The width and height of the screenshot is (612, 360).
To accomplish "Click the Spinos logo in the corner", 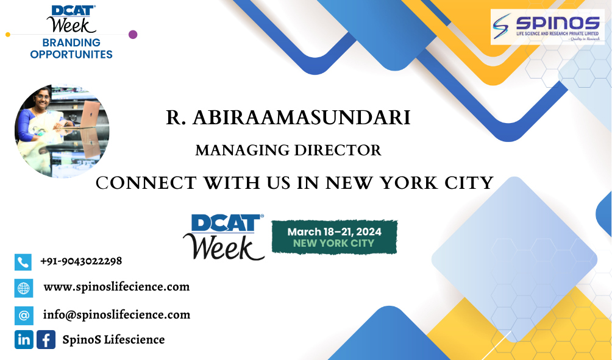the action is pos(547,27).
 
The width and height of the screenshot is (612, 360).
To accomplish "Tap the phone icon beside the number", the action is pos(23,262).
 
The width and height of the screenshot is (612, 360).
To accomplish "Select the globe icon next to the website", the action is pos(23,288).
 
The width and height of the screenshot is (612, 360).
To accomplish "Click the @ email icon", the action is pos(24,316).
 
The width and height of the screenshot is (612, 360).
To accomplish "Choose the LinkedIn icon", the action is pos(24,339).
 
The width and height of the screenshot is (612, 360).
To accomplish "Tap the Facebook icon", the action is pos(46,339).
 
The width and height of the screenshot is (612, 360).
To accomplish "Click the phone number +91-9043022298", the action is pos(81,261).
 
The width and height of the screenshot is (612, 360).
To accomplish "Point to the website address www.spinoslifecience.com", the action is pos(116,287).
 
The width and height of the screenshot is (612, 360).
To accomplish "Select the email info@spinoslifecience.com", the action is pos(116,315).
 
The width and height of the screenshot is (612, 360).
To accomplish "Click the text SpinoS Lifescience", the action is pos(113,339).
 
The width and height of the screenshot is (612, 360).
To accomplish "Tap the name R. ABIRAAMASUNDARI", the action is pos(288,118).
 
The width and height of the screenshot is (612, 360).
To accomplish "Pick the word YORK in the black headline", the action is pos(409,183).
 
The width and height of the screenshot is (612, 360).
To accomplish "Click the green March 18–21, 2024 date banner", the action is pos(335,237).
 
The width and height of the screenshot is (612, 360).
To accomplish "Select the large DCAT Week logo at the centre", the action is pos(224,237).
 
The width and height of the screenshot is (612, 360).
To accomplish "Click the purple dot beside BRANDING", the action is pos(133,34).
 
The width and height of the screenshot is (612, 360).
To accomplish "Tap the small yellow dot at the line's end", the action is pos(8,35).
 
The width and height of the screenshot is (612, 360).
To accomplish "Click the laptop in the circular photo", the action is pos(89,115).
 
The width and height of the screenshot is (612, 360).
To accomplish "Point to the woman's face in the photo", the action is pos(41,100).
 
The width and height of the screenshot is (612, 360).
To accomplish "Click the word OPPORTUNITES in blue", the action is pos(71,54).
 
